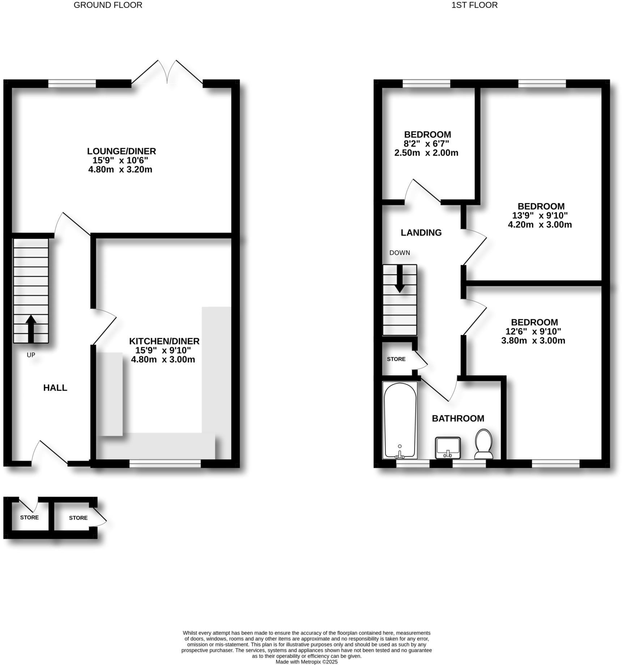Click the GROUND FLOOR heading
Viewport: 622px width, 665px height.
(x=108, y=5)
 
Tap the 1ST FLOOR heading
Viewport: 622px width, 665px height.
(x=474, y=5)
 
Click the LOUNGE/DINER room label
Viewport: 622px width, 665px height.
(x=121, y=151)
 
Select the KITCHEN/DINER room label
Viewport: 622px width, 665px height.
(x=164, y=341)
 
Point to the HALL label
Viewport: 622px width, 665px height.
(x=55, y=388)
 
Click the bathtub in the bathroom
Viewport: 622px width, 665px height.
(x=400, y=420)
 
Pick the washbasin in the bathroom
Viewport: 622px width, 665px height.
(x=448, y=447)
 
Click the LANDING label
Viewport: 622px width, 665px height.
(x=421, y=233)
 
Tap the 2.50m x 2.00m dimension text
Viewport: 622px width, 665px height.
(x=426, y=153)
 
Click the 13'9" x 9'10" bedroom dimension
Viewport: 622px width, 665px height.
(x=540, y=216)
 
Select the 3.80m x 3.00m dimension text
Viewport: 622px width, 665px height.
(x=533, y=341)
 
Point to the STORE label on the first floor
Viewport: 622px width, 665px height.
(x=396, y=359)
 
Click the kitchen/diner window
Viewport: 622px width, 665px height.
(x=165, y=464)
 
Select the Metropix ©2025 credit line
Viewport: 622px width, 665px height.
(x=306, y=662)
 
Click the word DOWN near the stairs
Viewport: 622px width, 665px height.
(x=400, y=253)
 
